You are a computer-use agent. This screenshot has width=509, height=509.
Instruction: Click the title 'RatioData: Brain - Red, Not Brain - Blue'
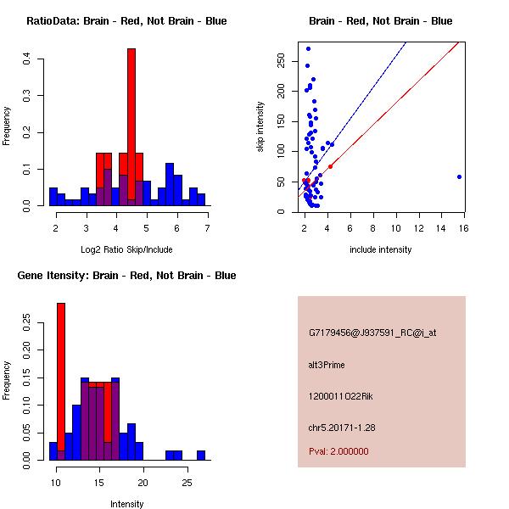[126, 20]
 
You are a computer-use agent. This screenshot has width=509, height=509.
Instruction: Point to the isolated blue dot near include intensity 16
[459, 176]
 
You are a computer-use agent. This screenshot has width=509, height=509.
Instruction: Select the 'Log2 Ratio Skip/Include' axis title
[126, 249]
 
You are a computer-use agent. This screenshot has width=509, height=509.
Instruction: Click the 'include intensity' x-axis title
[380, 249]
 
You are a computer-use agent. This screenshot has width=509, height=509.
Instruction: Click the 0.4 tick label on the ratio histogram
[28, 59]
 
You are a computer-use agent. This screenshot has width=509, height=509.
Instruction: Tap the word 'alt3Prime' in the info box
[327, 365]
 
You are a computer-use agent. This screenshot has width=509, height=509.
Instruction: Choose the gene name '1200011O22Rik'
[337, 396]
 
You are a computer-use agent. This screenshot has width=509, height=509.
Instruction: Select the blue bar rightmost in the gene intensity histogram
[201, 456]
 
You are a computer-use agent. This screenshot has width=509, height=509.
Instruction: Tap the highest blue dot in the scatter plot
[308, 48]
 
